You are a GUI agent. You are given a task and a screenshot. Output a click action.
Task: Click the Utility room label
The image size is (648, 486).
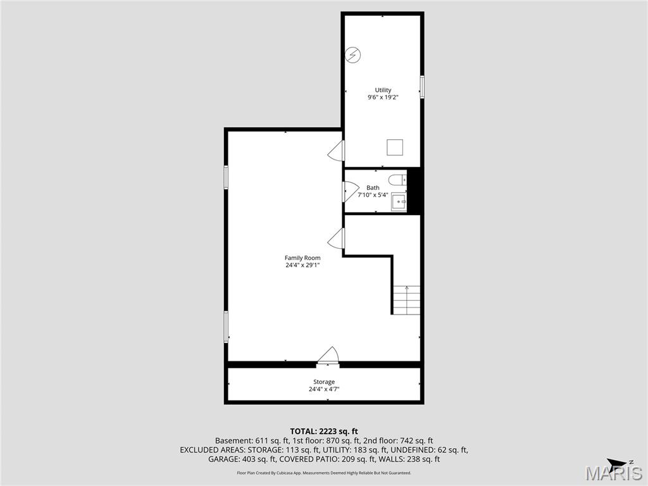pyautogui.click(x=383, y=90)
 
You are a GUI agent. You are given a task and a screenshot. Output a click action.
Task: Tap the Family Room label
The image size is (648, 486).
pyautogui.click(x=302, y=258)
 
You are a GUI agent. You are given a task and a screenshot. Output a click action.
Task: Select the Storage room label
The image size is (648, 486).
pyautogui.click(x=324, y=382)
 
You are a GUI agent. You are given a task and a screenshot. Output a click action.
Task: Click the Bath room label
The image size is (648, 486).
pyautogui.click(x=373, y=187)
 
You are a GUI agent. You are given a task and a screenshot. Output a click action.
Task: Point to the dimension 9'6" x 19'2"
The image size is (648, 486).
pyautogui.click(x=383, y=97)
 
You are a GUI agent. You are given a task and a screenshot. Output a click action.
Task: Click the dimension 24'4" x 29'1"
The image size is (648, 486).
pyautogui.click(x=302, y=265)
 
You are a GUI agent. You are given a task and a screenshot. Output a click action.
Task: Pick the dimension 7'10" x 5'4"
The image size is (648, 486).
pyautogui.click(x=373, y=195)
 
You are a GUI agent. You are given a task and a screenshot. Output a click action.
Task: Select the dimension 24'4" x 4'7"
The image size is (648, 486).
pyautogui.click(x=324, y=389)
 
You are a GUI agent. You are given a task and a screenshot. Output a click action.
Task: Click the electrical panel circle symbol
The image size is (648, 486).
pyautogui.click(x=352, y=55)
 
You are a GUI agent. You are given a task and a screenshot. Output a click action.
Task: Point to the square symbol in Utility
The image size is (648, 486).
pyautogui.click(x=395, y=147)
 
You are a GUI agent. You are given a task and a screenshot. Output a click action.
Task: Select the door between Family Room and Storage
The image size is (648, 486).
pyautogui.click(x=328, y=356)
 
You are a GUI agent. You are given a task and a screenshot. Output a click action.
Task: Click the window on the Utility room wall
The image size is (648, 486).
pyautogui.click(x=422, y=87)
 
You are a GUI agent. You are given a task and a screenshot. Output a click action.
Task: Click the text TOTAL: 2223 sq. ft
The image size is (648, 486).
pyautogui.click(x=324, y=431)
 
